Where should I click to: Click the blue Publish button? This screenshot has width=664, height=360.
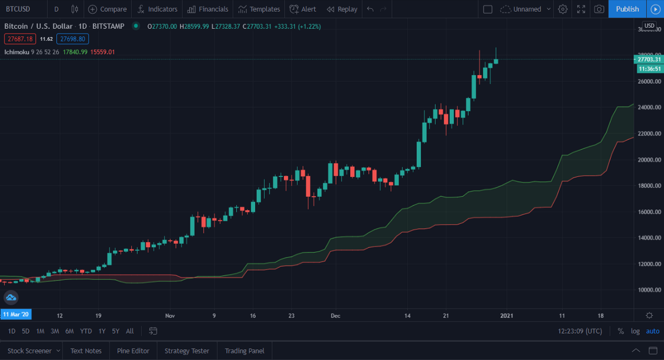pyautogui.click(x=627, y=9)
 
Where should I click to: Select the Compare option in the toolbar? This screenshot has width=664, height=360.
pyautogui.click(x=107, y=9)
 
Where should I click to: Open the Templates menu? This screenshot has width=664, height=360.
pyautogui.click(x=259, y=9)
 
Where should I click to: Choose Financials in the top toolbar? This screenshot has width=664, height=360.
pyautogui.click(x=207, y=9)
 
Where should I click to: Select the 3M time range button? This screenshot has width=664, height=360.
pyautogui.click(x=55, y=331)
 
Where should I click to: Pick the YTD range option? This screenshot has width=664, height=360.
pyautogui.click(x=86, y=331)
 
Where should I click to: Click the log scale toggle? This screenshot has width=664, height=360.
pyautogui.click(x=636, y=331)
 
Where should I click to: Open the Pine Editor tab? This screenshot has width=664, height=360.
pyautogui.click(x=133, y=351)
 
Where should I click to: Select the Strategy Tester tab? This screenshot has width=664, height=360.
pyautogui.click(x=186, y=351)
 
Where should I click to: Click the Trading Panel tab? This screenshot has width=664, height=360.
pyautogui.click(x=244, y=351)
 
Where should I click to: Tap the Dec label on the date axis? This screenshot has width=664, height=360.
pyautogui.click(x=335, y=315)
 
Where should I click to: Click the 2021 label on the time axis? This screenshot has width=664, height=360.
pyautogui.click(x=507, y=315)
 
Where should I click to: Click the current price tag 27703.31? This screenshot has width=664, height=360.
pyautogui.click(x=649, y=59)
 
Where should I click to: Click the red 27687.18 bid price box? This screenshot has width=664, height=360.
pyautogui.click(x=20, y=39)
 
